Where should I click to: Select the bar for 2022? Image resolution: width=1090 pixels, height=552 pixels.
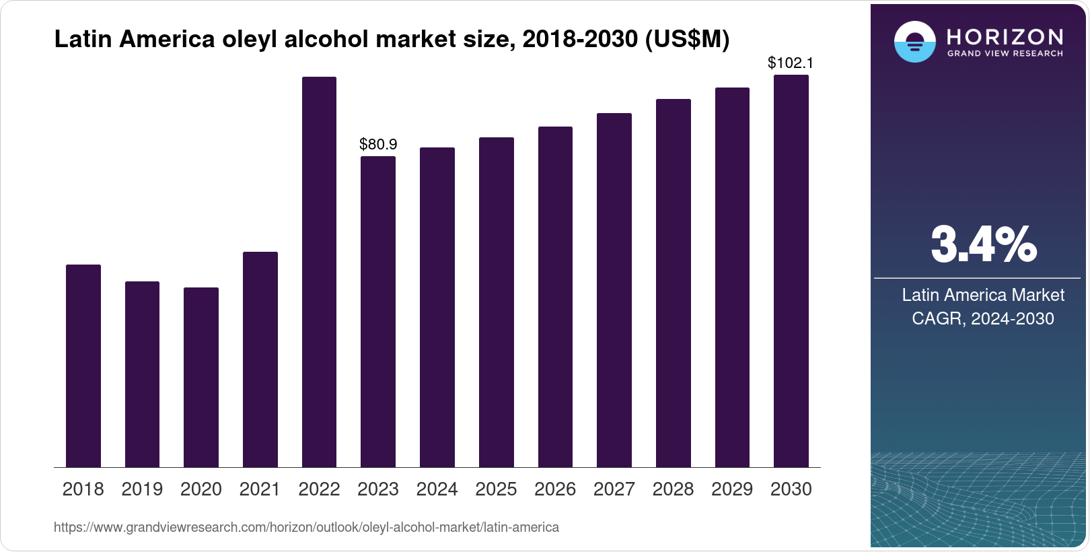click(x=319, y=272)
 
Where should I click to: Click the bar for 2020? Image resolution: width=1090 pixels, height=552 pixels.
click(x=201, y=377)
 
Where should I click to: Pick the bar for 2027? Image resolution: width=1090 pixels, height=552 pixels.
click(x=614, y=290)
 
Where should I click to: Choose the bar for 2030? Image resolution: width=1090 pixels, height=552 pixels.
click(x=791, y=271)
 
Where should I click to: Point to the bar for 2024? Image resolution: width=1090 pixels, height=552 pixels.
click(x=437, y=307)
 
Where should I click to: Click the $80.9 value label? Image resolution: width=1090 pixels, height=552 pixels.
click(x=378, y=144)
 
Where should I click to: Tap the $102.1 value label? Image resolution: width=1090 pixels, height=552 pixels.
click(x=791, y=63)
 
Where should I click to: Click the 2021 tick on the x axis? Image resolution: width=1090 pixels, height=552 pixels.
click(x=260, y=489)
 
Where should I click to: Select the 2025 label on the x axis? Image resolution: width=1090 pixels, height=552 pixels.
click(x=496, y=489)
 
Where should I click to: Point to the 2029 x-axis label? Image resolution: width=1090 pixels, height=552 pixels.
click(x=732, y=489)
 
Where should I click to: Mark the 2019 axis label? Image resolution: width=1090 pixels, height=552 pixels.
click(x=142, y=489)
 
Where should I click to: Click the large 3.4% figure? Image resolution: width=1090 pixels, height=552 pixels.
click(x=983, y=245)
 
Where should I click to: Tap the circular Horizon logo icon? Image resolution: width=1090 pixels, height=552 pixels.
click(x=914, y=42)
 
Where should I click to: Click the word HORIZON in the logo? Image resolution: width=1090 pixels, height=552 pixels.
click(x=1005, y=36)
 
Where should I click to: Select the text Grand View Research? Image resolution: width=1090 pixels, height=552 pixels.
click(x=1005, y=53)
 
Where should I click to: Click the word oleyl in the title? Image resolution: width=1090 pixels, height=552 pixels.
click(x=250, y=40)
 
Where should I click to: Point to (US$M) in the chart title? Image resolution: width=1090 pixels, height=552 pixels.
click(x=687, y=40)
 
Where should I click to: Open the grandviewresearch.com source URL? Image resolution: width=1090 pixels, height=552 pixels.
click(x=306, y=527)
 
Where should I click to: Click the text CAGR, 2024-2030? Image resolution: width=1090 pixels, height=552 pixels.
click(x=982, y=318)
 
